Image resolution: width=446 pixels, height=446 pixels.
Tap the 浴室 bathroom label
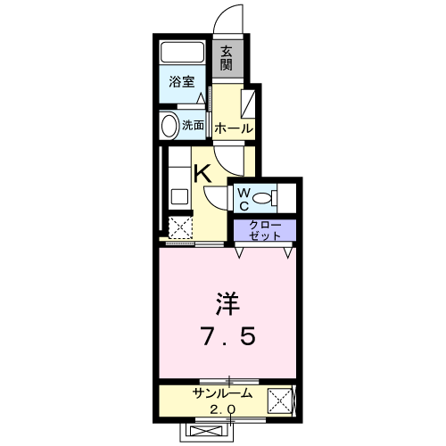tap(182, 82)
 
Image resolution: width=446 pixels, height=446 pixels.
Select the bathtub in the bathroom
tap(183, 53)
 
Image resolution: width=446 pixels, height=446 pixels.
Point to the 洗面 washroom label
tap(193, 126)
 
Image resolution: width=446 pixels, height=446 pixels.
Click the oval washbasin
tap(167, 125)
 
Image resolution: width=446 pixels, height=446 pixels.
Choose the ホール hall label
tap(233, 129)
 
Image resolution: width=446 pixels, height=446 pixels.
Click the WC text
tap(243, 197)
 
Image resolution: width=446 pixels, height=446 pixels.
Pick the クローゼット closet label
tap(265, 230)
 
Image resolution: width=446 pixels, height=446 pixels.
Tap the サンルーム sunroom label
tap(223, 393)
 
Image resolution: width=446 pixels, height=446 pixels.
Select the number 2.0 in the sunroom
tap(223, 409)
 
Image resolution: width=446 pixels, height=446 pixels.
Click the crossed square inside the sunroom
tap(283, 401)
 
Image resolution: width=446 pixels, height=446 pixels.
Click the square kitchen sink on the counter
tap(177, 199)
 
